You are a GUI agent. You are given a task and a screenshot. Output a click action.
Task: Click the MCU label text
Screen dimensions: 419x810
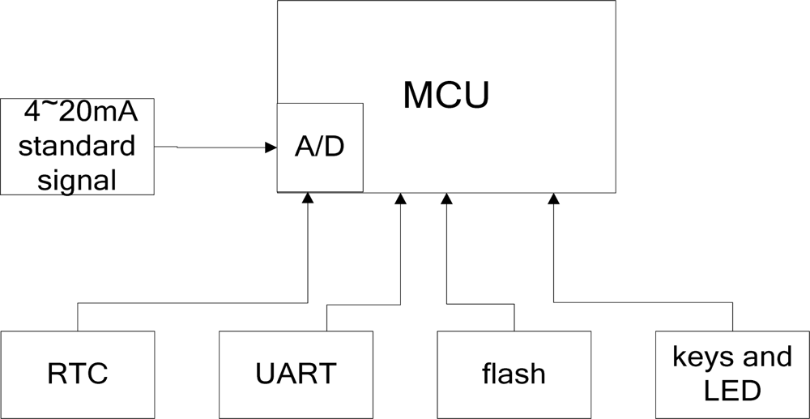coord(446,96)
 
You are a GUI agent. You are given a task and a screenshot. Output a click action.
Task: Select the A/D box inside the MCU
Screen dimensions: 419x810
coord(319,148)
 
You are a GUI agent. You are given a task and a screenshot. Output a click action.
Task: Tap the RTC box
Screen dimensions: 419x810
coord(77,374)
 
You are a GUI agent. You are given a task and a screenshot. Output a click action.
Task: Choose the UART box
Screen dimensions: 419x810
coord(296,374)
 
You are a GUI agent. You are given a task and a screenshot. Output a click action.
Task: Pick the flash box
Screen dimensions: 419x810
coord(514,374)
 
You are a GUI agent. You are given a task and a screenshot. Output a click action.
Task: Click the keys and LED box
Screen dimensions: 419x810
coord(732,374)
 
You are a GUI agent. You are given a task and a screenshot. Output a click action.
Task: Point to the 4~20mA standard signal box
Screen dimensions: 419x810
coord(77,147)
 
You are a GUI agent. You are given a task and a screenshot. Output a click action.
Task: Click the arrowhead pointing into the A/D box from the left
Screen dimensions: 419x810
coord(271,148)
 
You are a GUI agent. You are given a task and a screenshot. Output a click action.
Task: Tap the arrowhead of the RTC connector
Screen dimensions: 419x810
coord(307,198)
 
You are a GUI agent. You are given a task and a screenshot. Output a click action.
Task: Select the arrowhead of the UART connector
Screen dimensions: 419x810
coord(399,198)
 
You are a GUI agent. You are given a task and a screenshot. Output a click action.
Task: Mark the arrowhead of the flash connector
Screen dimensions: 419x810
coord(446,198)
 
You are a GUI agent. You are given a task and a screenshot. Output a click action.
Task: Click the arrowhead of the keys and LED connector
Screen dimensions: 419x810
coord(554,198)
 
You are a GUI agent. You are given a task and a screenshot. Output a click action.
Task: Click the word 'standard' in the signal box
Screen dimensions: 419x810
coord(77,147)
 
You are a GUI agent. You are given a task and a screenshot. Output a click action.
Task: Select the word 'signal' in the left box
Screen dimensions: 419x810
coord(77,179)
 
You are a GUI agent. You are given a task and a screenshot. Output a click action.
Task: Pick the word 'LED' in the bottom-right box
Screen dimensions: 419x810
coord(732,391)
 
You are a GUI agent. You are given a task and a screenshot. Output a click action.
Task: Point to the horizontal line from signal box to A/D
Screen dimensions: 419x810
coord(211,148)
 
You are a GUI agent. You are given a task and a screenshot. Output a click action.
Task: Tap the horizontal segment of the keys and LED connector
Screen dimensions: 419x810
coord(643,302)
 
